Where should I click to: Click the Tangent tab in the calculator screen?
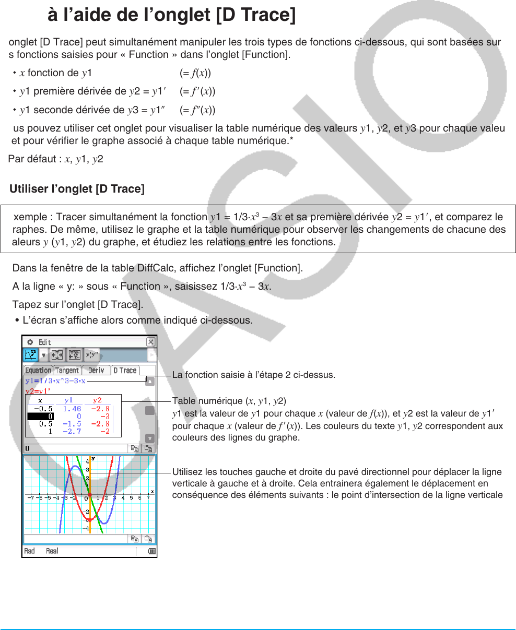point(67,370)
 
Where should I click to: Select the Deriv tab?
point(96,370)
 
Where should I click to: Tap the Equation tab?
point(38,370)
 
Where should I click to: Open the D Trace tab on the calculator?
point(125,370)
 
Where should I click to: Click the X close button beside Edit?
point(150,342)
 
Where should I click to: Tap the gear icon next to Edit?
point(30,342)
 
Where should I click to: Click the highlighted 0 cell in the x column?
point(40,417)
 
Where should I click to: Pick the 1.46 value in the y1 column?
point(72,409)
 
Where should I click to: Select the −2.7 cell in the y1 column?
point(72,432)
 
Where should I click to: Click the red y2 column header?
point(97,400)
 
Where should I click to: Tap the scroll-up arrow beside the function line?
point(150,382)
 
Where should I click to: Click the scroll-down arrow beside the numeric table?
point(150,438)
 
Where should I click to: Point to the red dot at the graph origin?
point(90,494)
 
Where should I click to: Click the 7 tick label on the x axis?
point(148,498)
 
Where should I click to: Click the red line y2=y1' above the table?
point(38,390)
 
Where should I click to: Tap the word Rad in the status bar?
point(29,551)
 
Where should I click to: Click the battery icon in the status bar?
point(151,551)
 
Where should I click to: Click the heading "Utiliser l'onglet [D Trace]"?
point(77,189)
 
